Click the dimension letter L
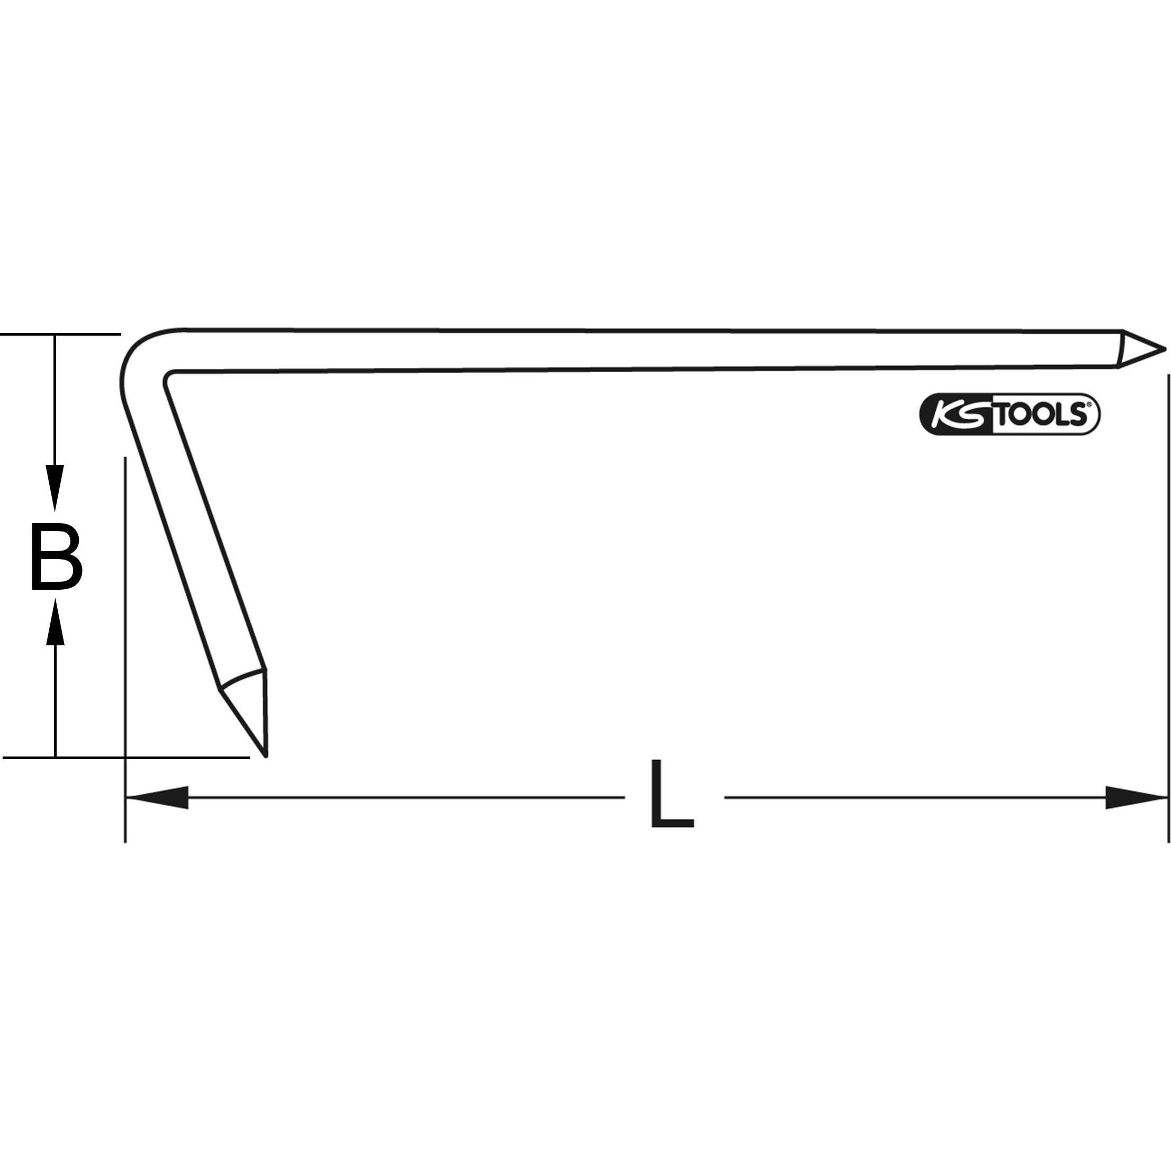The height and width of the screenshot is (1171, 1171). pyautogui.click(x=672, y=795)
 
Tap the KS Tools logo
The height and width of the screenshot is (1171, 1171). pyautogui.click(x=1010, y=415)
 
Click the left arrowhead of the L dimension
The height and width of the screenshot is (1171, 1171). pyautogui.click(x=158, y=798)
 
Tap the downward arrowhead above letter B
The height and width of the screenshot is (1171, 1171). pyautogui.click(x=55, y=488)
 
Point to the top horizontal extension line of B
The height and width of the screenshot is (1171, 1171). pyautogui.click(x=60, y=334)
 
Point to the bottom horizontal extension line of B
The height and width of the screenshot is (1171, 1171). pyautogui.click(x=121, y=758)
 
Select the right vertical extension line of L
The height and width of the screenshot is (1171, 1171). pyautogui.click(x=1167, y=606)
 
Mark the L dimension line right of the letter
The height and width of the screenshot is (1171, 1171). pyautogui.click(x=909, y=798)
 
